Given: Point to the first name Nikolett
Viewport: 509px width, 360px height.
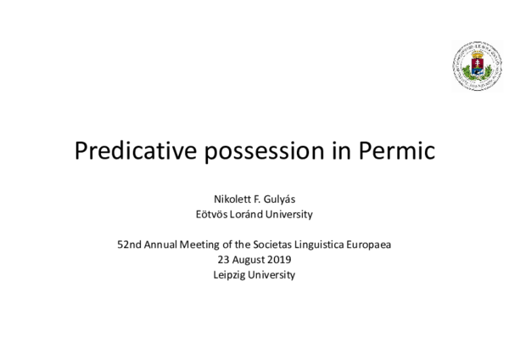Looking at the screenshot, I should pos(219,200).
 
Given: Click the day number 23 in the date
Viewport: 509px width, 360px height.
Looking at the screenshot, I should pos(223,260).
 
